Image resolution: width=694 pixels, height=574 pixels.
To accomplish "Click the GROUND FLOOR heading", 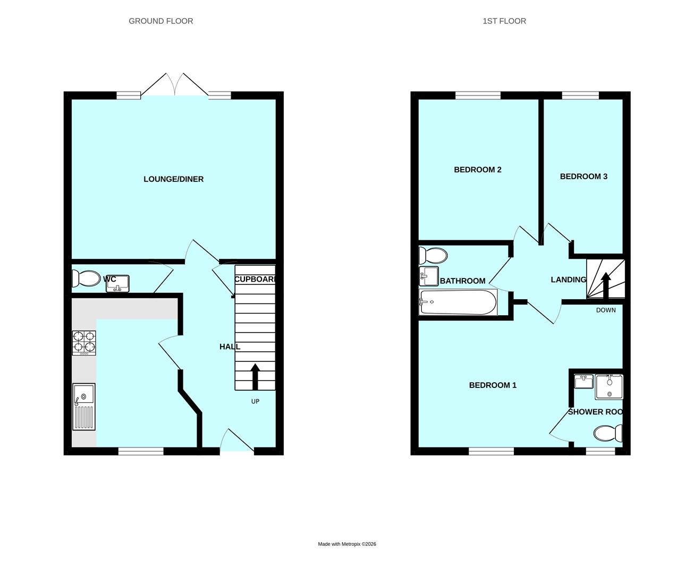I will pyautogui.click(x=160, y=21).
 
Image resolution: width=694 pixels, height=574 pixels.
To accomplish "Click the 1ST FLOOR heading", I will pyautogui.click(x=504, y=21).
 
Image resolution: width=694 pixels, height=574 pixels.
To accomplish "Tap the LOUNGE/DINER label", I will pyautogui.click(x=173, y=179).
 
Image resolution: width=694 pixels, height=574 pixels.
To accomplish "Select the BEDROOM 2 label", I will pyautogui.click(x=477, y=170).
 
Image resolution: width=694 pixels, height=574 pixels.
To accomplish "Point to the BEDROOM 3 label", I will pyautogui.click(x=583, y=176).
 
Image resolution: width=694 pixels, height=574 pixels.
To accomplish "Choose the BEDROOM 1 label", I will pyautogui.click(x=492, y=385).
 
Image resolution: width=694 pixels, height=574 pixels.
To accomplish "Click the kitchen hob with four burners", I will pyautogui.click(x=84, y=343).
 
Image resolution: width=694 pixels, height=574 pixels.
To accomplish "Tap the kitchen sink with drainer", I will pyautogui.click(x=84, y=407).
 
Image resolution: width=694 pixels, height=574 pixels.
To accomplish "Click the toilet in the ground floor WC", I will pyautogui.click(x=86, y=278).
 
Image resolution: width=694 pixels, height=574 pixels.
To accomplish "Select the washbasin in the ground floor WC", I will pyautogui.click(x=118, y=283).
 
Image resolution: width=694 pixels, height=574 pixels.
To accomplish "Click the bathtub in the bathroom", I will pyautogui.click(x=458, y=302).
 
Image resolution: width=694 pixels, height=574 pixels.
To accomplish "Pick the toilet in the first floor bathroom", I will pyautogui.click(x=433, y=256).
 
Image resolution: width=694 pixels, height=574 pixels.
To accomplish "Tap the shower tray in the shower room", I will pyautogui.click(x=608, y=386).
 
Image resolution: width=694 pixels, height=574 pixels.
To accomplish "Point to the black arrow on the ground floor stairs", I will pyautogui.click(x=255, y=376).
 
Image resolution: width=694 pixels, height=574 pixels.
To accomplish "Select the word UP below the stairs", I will pyautogui.click(x=255, y=402).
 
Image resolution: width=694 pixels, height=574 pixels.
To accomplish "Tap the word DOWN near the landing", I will pyautogui.click(x=605, y=310).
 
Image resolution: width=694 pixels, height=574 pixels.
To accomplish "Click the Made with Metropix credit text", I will pyautogui.click(x=347, y=544).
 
